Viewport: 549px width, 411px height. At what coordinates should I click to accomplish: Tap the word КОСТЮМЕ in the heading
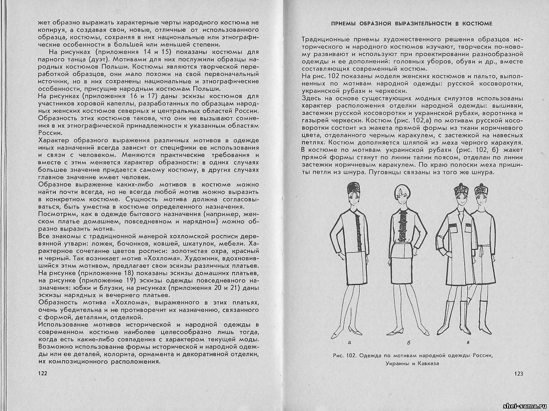tap(476, 23)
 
